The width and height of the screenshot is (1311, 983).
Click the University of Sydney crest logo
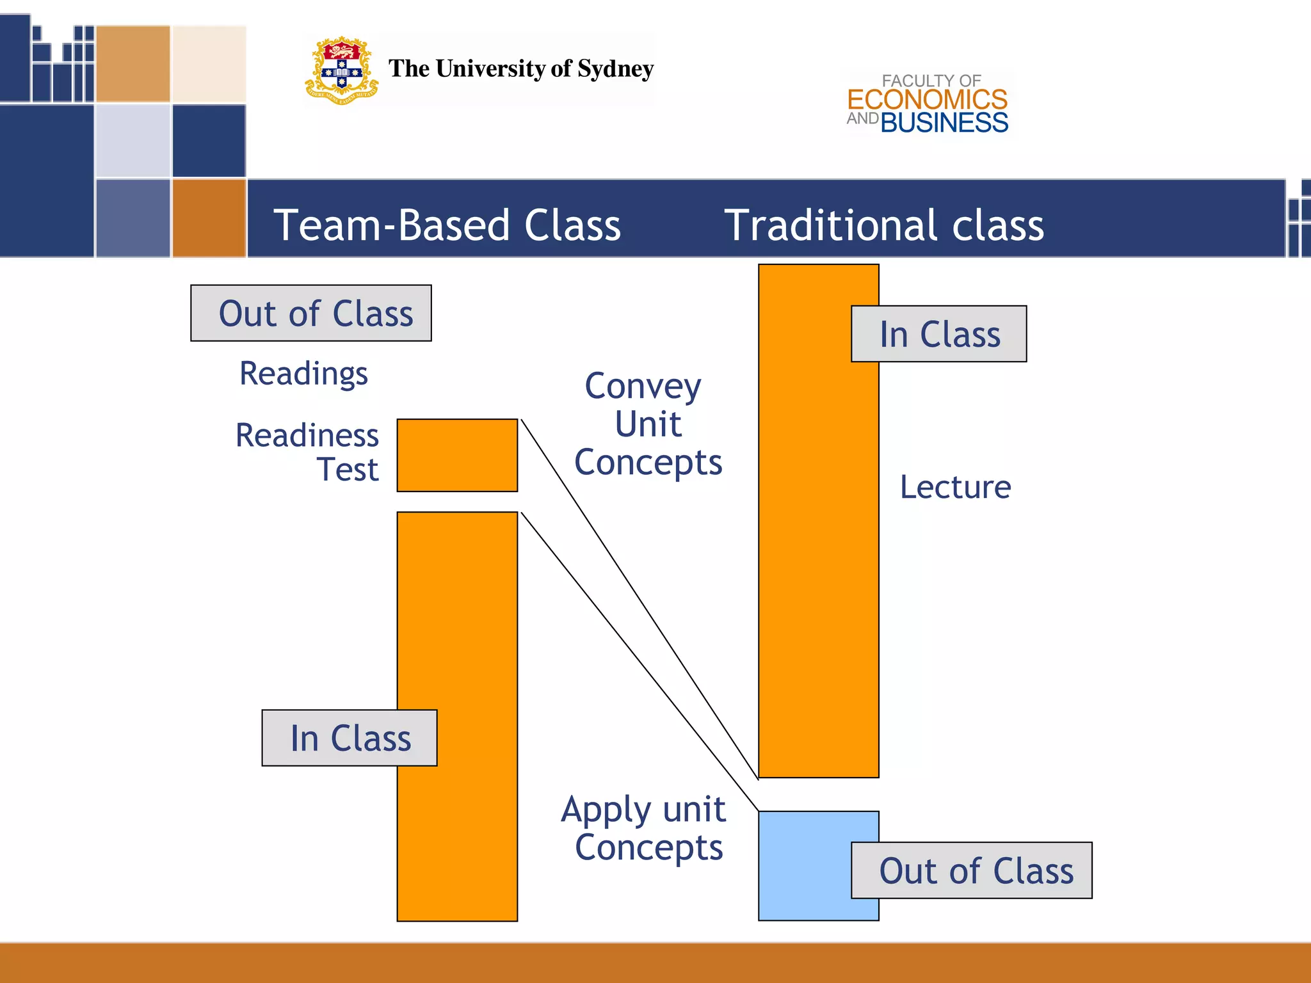click(341, 70)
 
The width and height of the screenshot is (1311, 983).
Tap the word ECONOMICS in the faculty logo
click(927, 100)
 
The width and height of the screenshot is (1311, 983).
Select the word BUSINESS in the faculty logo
click(944, 123)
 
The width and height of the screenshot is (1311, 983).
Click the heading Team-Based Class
click(447, 225)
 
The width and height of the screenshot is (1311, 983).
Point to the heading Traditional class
click(883, 225)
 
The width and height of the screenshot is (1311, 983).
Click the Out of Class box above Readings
click(311, 313)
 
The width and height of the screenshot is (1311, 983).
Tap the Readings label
click(303, 373)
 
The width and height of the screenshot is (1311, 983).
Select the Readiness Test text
click(307, 452)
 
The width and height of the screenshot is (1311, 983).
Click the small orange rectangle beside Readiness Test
click(457, 455)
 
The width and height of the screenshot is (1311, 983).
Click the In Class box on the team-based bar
click(350, 738)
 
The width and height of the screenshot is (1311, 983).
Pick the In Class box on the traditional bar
click(938, 334)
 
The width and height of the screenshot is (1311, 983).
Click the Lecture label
click(955, 487)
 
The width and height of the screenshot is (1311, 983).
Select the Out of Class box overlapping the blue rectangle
click(972, 870)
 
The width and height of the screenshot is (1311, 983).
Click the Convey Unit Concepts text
click(648, 424)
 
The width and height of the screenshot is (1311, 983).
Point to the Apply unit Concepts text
click(644, 828)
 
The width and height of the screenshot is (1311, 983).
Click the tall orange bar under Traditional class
click(818, 544)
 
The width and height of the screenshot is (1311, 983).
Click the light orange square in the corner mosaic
click(133, 64)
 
